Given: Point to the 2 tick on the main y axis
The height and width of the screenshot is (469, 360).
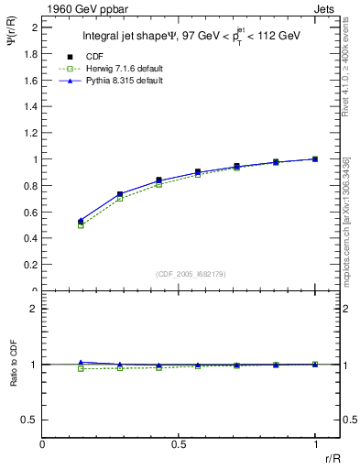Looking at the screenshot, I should coord(34,27).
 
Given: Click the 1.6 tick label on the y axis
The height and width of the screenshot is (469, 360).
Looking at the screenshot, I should coord(30,80).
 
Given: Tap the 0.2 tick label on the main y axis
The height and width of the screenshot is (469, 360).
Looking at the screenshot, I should coord(30,265).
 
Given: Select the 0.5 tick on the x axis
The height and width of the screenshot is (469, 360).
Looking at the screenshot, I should coord(179,444).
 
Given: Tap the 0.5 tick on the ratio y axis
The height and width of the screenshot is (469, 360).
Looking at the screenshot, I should coord(30,420).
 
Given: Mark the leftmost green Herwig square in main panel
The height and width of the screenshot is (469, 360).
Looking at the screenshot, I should coord(81,225).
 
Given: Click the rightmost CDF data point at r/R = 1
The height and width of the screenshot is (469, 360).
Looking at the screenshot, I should coord(315,158).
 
